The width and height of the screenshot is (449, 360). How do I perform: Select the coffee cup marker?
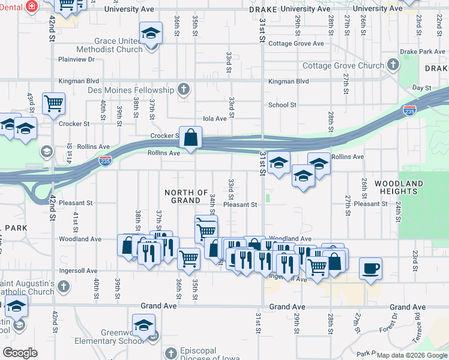pyautogui.click(x=370, y=269)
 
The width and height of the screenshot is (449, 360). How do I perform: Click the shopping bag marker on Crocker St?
pyautogui.click(x=190, y=137)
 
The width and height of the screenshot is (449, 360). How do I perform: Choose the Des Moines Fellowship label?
pyautogui.click(x=139, y=90)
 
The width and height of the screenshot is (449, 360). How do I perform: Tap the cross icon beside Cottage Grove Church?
pyautogui.click(x=393, y=64)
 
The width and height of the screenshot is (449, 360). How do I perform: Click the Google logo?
pyautogui.click(x=20, y=353)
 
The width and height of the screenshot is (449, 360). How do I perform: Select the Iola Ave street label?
pyautogui.click(x=215, y=119)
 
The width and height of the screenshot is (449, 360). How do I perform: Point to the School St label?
pyautogui.click(x=282, y=105)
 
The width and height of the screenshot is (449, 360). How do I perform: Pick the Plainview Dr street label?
pyautogui.click(x=77, y=59)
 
